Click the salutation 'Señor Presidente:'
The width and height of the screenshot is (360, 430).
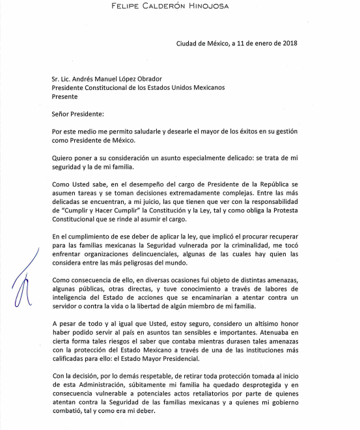pyautogui.click(x=77, y=115)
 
